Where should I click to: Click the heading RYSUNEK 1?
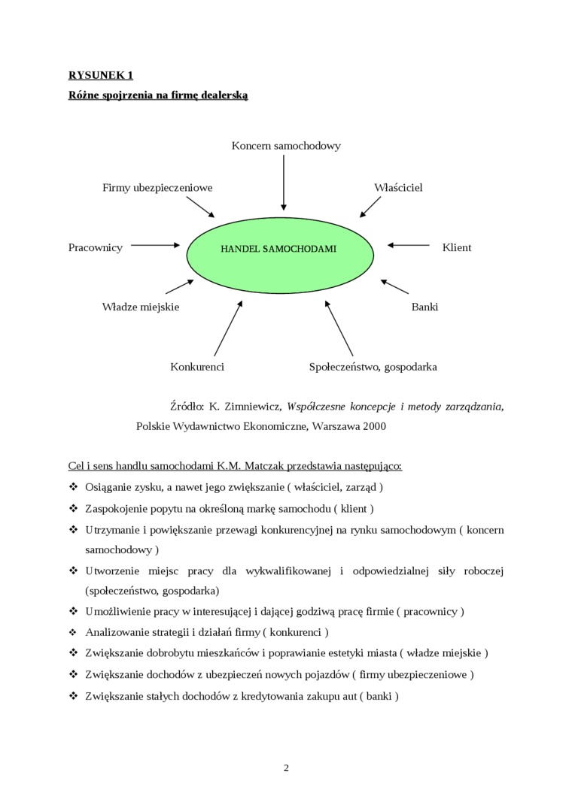pyautogui.click(x=100, y=74)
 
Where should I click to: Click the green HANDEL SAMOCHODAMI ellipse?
pyautogui.click(x=280, y=249)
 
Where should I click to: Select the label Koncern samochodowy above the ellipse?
pyautogui.click(x=286, y=146)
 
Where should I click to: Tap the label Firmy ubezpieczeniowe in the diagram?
pyautogui.click(x=157, y=187)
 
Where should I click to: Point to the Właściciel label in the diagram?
pyautogui.click(x=398, y=187)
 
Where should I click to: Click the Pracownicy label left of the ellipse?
pyautogui.click(x=96, y=247)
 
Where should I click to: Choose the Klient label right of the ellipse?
pyautogui.click(x=457, y=247)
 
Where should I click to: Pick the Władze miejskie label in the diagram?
pyautogui.click(x=141, y=307)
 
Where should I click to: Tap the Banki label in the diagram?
pyautogui.click(x=424, y=307)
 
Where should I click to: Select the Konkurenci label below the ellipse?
pyautogui.click(x=197, y=367)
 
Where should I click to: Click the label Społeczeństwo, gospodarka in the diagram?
pyautogui.click(x=373, y=367)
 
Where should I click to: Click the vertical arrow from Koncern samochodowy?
pyautogui.click(x=284, y=183)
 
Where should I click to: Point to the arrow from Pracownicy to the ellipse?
pyautogui.click(x=156, y=244)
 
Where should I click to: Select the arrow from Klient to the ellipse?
pyautogui.click(x=409, y=244)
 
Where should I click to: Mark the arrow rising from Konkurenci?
pyautogui.click(x=228, y=328)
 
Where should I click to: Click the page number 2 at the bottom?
pyautogui.click(x=286, y=767)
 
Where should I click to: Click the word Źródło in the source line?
pyautogui.click(x=187, y=407)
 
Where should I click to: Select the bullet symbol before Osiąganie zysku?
pyautogui.click(x=73, y=486)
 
